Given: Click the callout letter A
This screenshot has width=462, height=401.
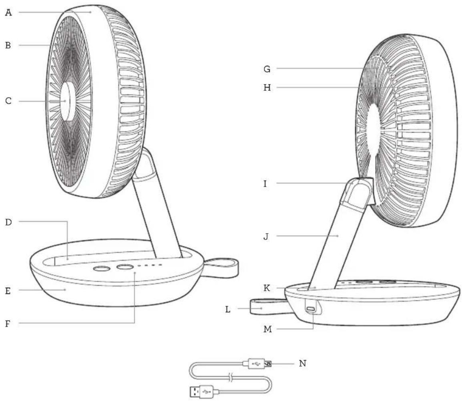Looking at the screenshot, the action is tap(9, 13).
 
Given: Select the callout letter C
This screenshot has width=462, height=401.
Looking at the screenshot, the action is tap(8, 101).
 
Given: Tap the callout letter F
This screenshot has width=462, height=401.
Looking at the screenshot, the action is tap(8, 323).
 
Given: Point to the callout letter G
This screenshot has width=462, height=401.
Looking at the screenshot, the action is tap(267, 69).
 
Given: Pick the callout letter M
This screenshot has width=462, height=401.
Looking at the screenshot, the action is tap(267, 329).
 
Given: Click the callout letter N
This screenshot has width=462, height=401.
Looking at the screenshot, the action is tap(303, 363).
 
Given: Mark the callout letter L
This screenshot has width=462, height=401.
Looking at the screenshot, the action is tap(228, 309).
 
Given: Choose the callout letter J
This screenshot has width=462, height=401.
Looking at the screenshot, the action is tap(266, 236).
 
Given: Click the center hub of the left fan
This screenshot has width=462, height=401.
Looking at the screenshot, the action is tap(68, 101).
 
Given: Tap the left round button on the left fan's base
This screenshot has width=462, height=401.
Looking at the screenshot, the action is tap(101, 269).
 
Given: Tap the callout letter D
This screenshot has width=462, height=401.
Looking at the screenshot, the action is tap(8, 222).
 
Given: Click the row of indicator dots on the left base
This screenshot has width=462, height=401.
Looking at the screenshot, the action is tap(150, 265).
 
